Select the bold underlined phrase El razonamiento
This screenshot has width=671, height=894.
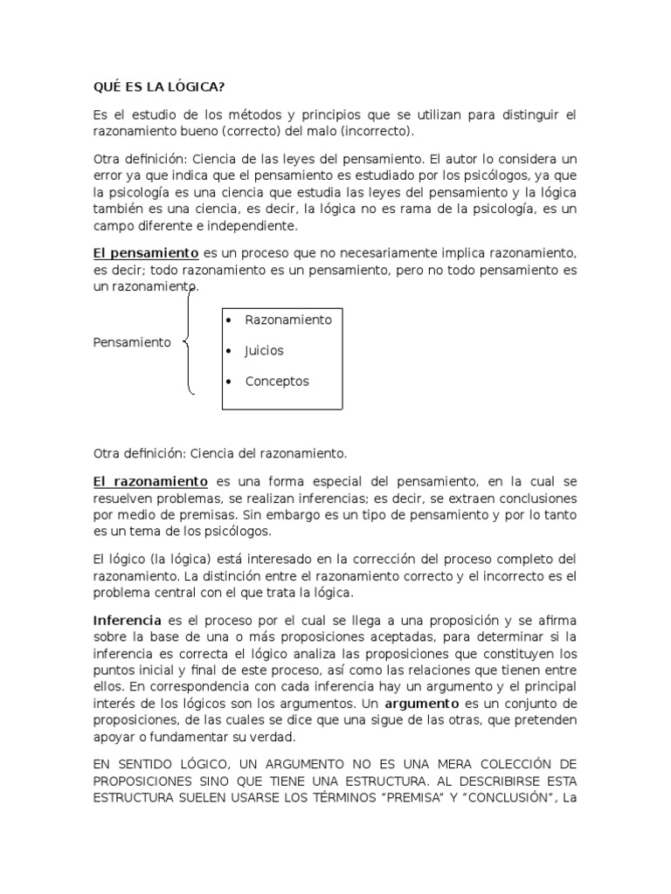click(x=150, y=481)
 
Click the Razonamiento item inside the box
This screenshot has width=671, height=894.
click(x=288, y=320)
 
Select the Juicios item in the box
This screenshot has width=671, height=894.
click(x=264, y=351)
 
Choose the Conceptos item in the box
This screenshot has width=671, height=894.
click(x=277, y=382)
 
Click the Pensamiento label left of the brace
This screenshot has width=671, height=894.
click(x=132, y=342)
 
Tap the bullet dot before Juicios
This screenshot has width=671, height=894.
click(x=229, y=351)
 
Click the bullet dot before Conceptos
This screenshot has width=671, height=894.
click(x=229, y=382)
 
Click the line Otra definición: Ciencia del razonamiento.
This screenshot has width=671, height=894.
click(x=220, y=453)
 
